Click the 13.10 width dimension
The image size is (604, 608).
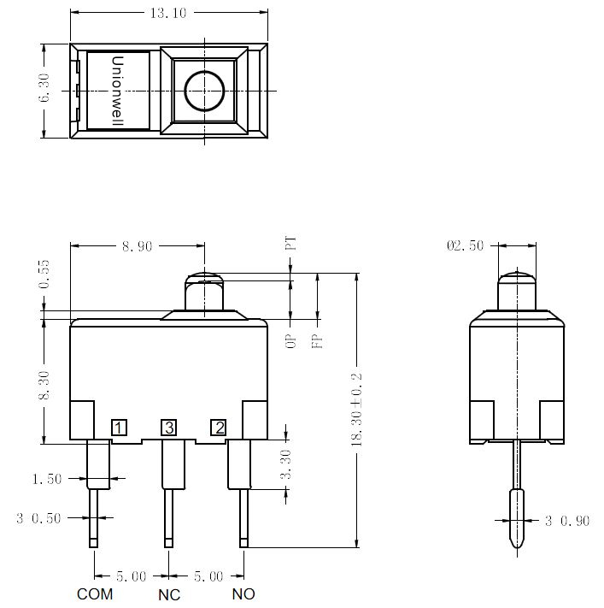pyautogui.click(x=168, y=13)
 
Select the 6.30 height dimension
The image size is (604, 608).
pyautogui.click(x=44, y=87)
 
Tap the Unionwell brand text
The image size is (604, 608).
pyautogui.click(x=117, y=91)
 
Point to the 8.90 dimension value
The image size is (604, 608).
pyautogui.click(x=138, y=246)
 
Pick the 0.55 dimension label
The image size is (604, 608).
pyautogui.click(x=44, y=274)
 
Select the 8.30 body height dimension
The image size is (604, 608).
pyautogui.click(x=44, y=385)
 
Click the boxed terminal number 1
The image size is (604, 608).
pyautogui.click(x=119, y=428)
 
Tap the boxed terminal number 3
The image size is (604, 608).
pyautogui.click(x=169, y=428)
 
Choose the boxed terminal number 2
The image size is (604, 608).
pyautogui.click(x=219, y=428)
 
